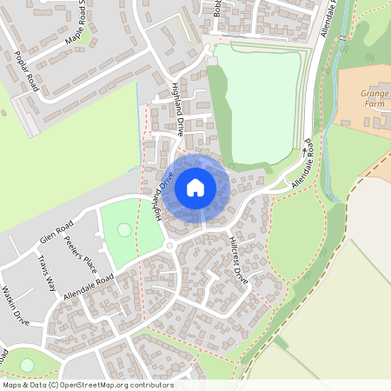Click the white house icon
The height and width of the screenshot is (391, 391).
[195, 187]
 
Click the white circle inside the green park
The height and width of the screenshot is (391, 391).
[124, 230]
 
